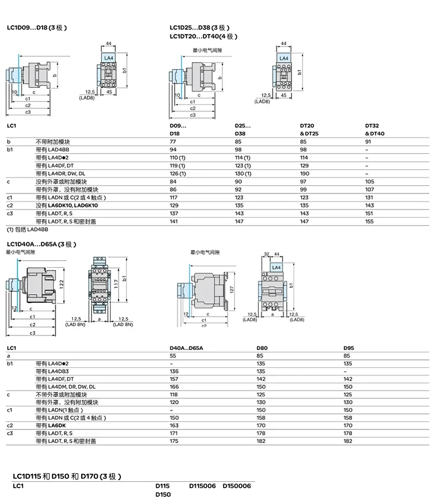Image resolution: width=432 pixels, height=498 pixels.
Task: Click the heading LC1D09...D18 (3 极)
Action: (37, 28)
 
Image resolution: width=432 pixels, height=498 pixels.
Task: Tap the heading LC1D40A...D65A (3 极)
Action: (41, 244)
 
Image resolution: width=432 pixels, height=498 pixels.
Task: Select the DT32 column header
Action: (372, 126)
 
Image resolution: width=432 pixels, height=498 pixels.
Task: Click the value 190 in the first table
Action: (304, 174)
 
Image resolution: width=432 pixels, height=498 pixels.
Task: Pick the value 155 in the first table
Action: (369, 222)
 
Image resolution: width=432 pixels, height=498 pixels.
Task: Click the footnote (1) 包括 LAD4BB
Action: (28, 229)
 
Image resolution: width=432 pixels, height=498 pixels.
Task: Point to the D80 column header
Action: (262, 348)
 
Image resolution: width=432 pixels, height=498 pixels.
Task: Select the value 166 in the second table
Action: (174, 387)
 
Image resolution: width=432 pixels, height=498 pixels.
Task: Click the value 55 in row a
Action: (173, 356)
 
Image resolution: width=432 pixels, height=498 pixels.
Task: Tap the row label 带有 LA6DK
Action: (51, 425)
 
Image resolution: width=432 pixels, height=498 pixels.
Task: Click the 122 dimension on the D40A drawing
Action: (61, 284)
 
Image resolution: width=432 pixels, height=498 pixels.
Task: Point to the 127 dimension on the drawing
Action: (232, 290)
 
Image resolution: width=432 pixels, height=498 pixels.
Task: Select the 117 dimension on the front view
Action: (116, 284)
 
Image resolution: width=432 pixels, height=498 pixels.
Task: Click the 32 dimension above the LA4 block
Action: (267, 254)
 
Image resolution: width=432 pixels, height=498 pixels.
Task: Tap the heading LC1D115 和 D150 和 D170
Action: (67, 476)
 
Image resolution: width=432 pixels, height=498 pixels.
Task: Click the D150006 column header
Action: (237, 486)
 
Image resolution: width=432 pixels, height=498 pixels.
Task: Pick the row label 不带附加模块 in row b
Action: (53, 142)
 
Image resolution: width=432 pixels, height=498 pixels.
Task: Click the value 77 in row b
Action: (173, 142)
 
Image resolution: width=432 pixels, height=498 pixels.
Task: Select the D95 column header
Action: (348, 348)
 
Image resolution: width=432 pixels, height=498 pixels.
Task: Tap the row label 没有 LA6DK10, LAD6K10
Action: (67, 206)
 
